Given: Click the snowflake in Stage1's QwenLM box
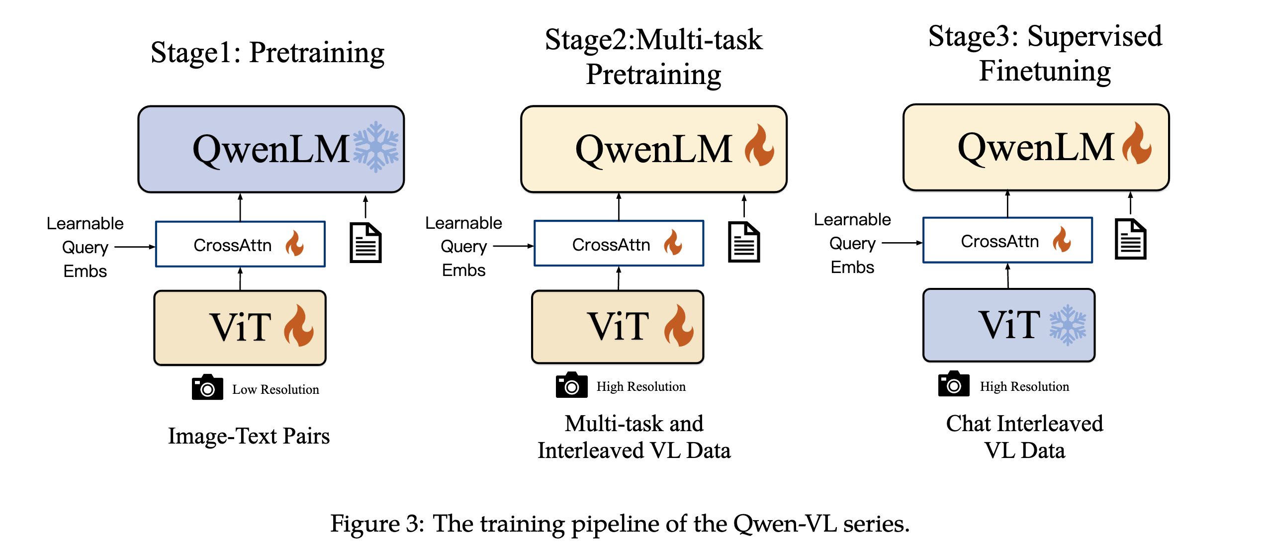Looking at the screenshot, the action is click(x=376, y=147).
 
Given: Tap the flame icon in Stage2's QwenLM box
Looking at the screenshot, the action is click(x=759, y=145).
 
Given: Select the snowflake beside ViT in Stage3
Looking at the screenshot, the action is click(x=1068, y=325).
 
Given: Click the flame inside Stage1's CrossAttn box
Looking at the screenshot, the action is click(x=295, y=243).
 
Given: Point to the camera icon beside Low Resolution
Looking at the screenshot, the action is click(x=207, y=387).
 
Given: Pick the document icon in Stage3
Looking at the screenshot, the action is click(x=1130, y=239).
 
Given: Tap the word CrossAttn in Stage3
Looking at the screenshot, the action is click(x=999, y=241).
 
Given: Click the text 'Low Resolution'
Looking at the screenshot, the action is click(x=275, y=389).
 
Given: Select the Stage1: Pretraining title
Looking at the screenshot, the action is click(x=268, y=53).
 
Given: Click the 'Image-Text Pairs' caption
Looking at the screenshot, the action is click(x=249, y=436).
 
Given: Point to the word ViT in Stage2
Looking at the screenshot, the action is click(x=618, y=326).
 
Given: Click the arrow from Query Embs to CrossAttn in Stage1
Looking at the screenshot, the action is click(x=135, y=247).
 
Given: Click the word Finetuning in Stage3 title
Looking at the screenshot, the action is click(x=1045, y=71).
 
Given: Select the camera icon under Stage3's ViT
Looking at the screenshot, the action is click(x=954, y=384).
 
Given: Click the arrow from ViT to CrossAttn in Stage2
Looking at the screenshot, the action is click(x=619, y=278).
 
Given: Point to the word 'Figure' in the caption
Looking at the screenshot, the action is click(x=365, y=524).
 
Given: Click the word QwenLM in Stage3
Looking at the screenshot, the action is click(x=1036, y=147).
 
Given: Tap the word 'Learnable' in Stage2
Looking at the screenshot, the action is click(x=463, y=223).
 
